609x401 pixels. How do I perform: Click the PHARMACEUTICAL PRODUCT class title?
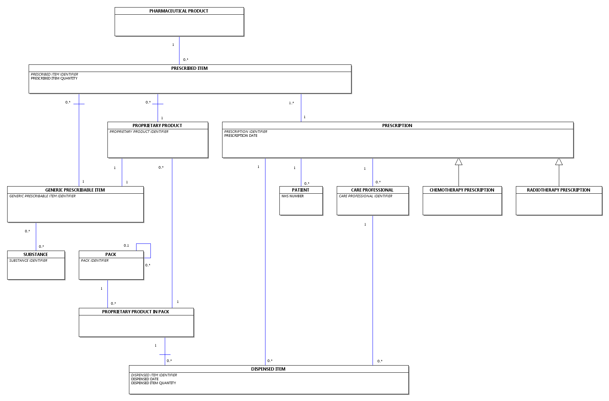179,11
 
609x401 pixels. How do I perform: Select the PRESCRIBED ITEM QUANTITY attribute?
54,78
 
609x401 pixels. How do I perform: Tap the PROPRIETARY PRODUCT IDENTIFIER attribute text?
139,132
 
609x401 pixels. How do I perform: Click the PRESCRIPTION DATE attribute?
241,136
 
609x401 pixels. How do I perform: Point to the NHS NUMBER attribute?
293,196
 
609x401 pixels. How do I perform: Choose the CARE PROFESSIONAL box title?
372,190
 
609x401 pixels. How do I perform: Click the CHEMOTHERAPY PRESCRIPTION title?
462,190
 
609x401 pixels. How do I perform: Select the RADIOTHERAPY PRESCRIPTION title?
558,190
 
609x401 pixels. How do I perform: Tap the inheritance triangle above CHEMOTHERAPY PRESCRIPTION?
459,162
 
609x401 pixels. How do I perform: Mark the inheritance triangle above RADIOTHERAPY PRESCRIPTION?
559,162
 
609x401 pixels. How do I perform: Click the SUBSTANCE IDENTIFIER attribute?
28,261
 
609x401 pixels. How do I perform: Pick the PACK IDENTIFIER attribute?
95,261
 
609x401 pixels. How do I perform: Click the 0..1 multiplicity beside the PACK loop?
126,246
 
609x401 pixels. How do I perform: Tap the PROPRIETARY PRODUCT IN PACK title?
135,312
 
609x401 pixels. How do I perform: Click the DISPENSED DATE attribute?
145,379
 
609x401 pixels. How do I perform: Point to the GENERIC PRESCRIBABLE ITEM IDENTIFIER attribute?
42,196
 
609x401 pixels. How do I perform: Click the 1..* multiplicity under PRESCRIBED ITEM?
291,103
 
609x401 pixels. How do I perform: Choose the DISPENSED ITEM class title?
268,369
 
